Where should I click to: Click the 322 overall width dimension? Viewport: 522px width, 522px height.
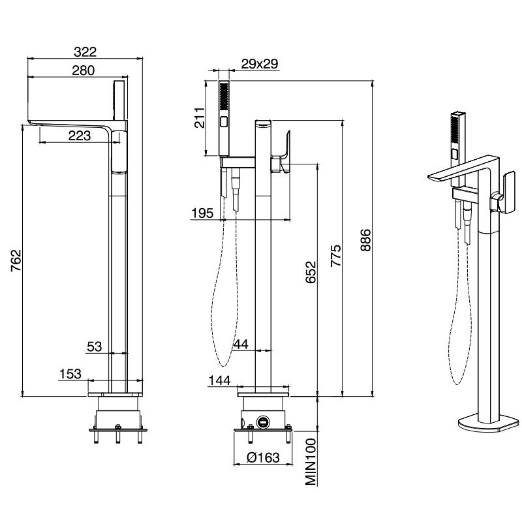pos(85,52)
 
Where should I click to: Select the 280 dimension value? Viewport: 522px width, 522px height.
pos(84,70)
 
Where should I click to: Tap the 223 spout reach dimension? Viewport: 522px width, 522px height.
pos(79,136)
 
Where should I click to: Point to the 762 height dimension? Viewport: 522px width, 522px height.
pos(16,260)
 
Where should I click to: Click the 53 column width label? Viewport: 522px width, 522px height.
pos(94,347)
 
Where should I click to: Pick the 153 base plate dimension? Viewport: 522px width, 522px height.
pos(70,374)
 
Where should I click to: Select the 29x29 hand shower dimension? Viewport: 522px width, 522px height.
pos(260,63)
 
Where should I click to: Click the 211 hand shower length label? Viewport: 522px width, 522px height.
pos(200,117)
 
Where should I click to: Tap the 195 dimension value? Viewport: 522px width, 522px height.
pos(202,213)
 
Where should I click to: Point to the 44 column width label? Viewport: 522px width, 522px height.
pos(241,345)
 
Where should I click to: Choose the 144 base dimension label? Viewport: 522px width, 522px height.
pos(219,380)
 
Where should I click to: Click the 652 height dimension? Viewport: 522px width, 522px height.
pos(311,272)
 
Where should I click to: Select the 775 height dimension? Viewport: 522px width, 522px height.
pos(335,256)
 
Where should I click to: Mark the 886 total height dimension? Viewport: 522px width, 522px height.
pos(365,240)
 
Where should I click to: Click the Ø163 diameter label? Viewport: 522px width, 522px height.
pos(264,458)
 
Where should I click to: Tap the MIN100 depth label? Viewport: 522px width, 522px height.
pos(311,462)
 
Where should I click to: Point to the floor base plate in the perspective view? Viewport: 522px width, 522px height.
pos(488,423)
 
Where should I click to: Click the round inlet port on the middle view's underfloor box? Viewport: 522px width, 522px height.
pos(263,422)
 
